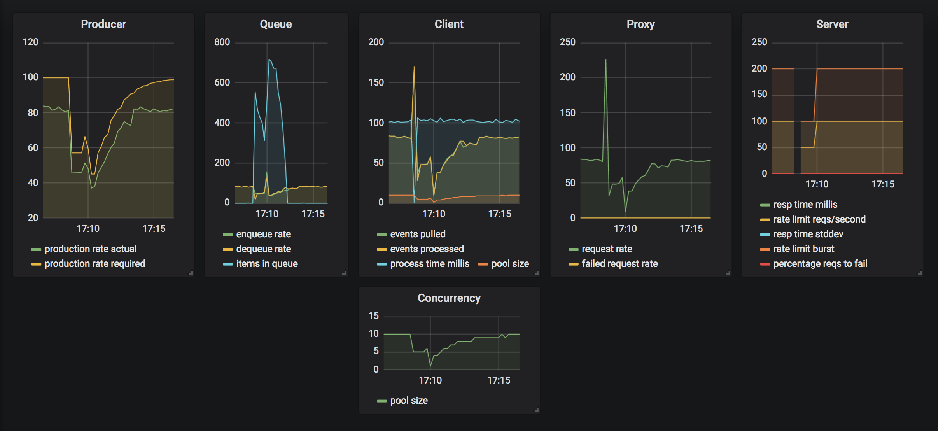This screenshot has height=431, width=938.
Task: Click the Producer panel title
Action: pos(103,24)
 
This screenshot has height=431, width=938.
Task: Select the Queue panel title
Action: pos(276,24)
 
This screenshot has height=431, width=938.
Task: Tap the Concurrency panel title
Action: pos(449,298)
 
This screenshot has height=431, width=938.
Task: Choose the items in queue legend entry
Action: pos(260,264)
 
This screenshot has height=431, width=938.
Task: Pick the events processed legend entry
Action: pos(420,249)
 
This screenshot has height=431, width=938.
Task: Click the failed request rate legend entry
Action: pos(613,264)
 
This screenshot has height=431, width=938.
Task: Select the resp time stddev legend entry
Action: pos(801,234)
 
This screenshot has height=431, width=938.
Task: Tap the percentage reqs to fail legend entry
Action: pos(814,264)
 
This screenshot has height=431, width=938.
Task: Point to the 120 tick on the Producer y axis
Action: pos(31,42)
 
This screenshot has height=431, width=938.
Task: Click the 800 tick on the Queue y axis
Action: pos(222,42)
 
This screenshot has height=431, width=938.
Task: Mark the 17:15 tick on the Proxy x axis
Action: pos(691,229)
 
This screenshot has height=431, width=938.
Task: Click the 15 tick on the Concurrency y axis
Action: pos(373,316)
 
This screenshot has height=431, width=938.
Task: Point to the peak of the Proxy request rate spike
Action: pos(605,60)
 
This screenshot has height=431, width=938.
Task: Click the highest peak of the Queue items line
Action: pos(269,59)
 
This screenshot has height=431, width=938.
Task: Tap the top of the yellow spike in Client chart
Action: pos(414,67)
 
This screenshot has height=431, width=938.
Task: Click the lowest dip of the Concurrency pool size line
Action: pos(430,366)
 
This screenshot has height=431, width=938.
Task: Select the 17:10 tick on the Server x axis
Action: pos(817,184)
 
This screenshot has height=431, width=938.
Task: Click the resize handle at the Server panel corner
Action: pos(920,273)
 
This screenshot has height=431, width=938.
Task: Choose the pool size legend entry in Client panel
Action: pos(504,264)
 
